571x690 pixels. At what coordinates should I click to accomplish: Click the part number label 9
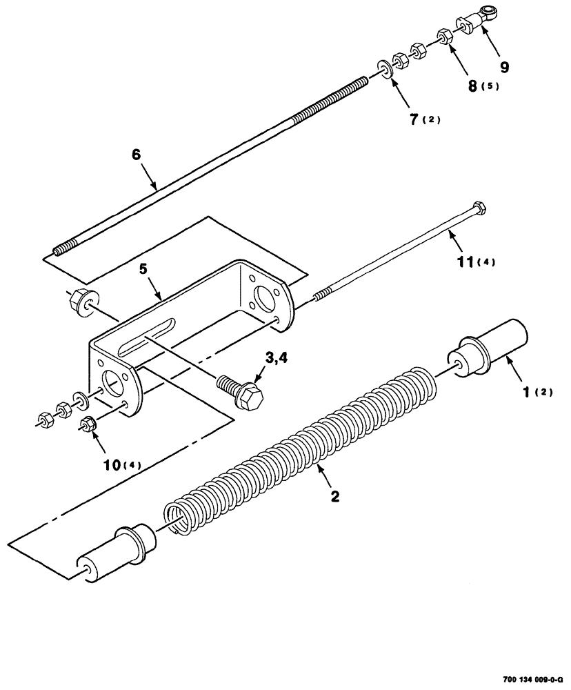tap(505, 68)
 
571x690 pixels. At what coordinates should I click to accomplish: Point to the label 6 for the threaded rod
tap(136, 155)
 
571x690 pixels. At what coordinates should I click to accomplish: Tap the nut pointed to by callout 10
tap(88, 424)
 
